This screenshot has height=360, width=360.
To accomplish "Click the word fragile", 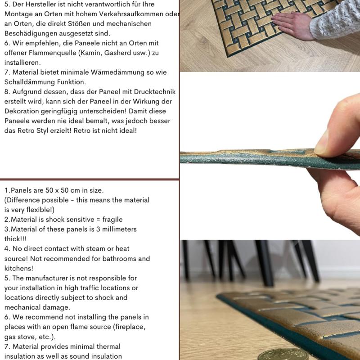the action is [112, 220].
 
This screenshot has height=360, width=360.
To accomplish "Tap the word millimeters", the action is [119, 229].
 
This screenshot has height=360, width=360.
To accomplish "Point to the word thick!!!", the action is [15, 239].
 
